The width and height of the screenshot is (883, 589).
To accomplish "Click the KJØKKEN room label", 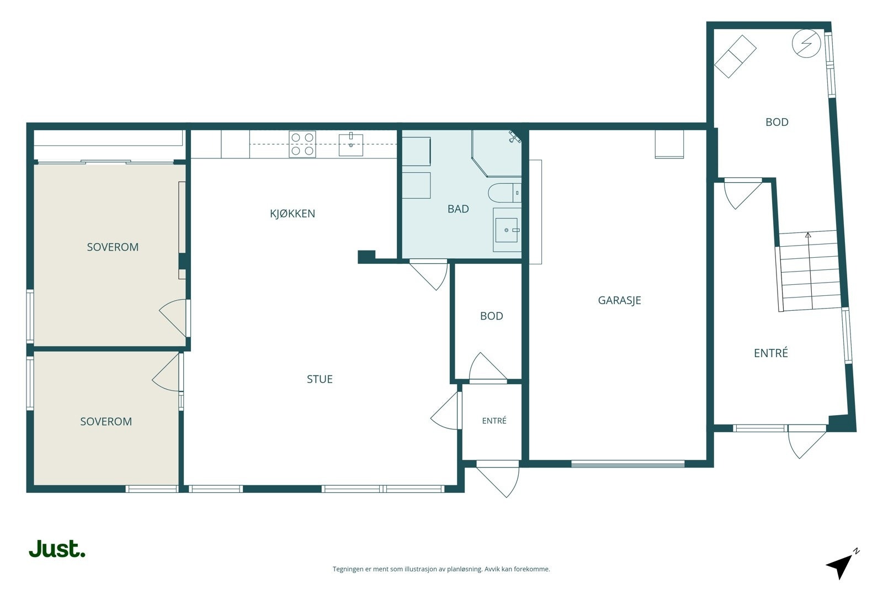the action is [292, 213].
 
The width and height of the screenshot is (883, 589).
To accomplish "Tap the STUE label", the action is [320, 379].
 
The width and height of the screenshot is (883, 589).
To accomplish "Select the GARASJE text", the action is [619, 300].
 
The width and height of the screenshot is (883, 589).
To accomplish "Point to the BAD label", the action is [458, 209].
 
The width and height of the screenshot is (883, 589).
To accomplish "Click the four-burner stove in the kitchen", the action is [302, 144].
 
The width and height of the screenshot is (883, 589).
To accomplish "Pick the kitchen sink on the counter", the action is [351, 145].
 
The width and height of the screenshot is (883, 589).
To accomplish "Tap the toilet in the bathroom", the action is [504, 193].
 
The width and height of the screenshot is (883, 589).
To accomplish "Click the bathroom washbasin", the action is [507, 230].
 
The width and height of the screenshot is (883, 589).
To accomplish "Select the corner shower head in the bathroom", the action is [514, 137].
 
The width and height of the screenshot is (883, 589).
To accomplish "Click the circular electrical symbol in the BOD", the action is [806, 44].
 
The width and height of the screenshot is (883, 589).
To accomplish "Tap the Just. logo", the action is [57, 549].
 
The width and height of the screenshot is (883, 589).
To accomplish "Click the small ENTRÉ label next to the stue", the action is [494, 421].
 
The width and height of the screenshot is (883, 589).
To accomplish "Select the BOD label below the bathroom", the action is [492, 316].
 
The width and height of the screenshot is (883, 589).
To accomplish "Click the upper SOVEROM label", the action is [113, 247].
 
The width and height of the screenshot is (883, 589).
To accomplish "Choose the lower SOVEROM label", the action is [106, 421].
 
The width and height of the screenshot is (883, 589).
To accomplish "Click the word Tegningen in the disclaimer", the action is [348, 569].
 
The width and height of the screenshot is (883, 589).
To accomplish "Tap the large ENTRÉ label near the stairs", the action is [770, 353].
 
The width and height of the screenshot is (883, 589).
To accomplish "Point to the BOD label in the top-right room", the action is [777, 122].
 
